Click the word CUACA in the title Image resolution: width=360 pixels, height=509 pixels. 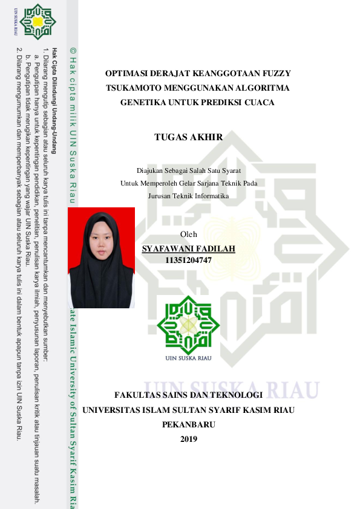pyautogui.click(x=260, y=103)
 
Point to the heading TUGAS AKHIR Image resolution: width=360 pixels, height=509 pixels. pyautogui.click(x=189, y=137)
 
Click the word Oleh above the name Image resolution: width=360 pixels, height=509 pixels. pyautogui.click(x=189, y=235)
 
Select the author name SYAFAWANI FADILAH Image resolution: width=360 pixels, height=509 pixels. pyautogui.click(x=188, y=248)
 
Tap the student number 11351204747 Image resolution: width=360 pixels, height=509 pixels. pyautogui.click(x=188, y=260)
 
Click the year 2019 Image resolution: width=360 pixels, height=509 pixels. pyautogui.click(x=189, y=438)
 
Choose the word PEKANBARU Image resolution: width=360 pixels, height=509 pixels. pyautogui.click(x=189, y=424)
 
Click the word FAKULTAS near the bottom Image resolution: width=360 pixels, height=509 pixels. pyautogui.click(x=139, y=395)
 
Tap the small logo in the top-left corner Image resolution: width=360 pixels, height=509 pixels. pyautogui.click(x=38, y=20)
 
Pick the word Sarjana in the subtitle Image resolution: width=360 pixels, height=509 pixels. pyautogui.click(x=201, y=183)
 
